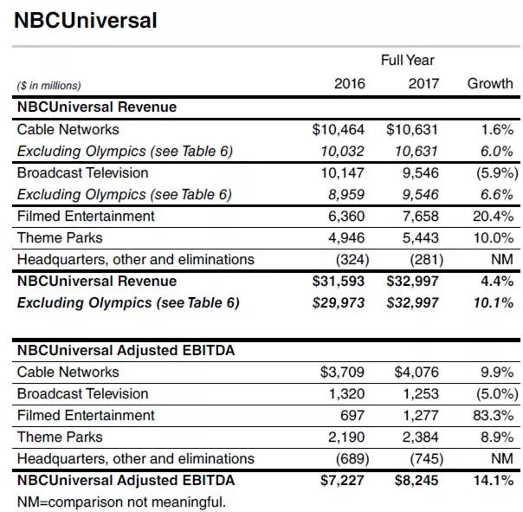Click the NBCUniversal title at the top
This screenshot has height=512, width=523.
(86, 20)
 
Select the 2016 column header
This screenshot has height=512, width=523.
(349, 84)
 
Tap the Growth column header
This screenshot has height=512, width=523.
(489, 84)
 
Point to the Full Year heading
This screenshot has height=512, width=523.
(407, 61)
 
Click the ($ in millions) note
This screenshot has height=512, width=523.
(49, 85)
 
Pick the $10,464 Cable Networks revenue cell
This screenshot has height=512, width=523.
(339, 129)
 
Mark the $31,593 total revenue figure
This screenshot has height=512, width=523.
(339, 281)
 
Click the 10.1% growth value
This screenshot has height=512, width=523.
(493, 302)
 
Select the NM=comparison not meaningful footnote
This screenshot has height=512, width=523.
(121, 501)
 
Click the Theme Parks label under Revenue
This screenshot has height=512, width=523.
(60, 237)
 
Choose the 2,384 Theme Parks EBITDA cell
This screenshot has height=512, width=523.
(416, 437)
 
